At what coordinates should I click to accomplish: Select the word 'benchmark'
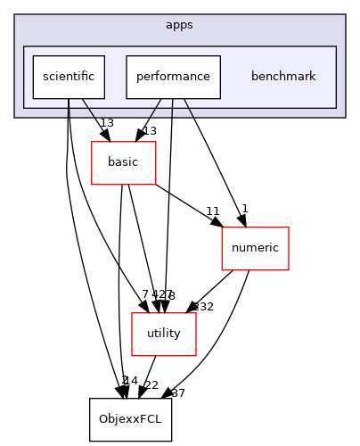(x=283, y=77)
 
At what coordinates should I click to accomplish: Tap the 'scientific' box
(x=69, y=77)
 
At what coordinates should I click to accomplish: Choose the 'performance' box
(x=173, y=77)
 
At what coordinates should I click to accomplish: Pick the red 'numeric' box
(x=255, y=248)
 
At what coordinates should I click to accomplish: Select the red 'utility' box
(x=157, y=334)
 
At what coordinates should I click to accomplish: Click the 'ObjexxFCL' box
(x=130, y=419)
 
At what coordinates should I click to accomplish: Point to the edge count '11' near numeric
(x=212, y=211)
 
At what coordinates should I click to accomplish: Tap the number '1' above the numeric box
(x=244, y=209)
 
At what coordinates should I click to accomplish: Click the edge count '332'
(x=204, y=307)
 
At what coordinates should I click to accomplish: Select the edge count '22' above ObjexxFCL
(x=151, y=384)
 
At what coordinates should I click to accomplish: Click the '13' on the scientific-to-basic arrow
(x=106, y=123)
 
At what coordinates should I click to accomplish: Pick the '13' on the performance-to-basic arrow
(x=150, y=131)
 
